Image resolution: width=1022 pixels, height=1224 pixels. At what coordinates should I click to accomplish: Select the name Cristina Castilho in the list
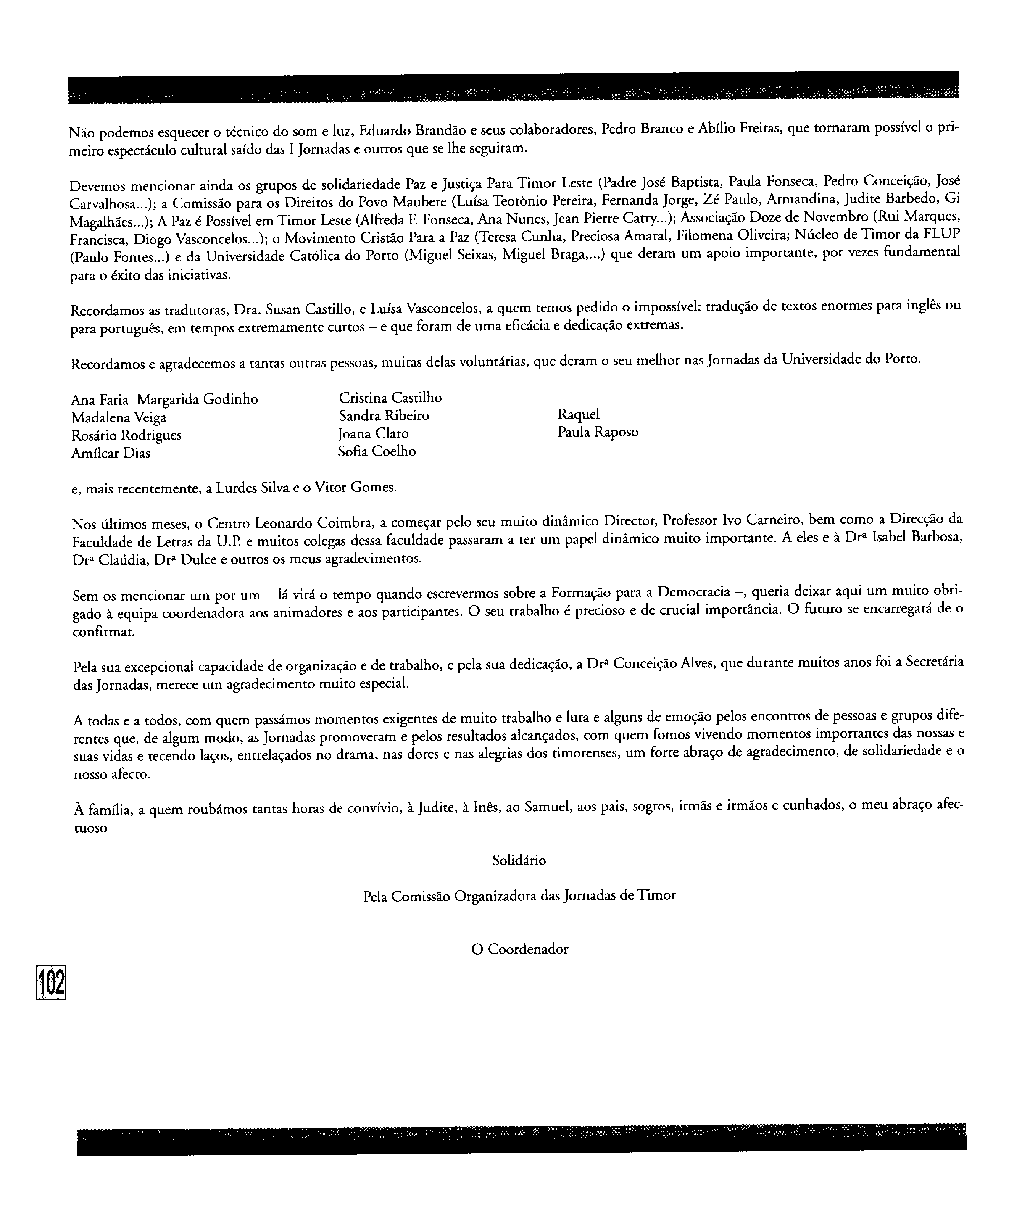tap(390, 398)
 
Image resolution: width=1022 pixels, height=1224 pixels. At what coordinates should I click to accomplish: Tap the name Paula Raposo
tap(598, 433)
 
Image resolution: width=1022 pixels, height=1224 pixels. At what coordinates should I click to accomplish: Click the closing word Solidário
tap(519, 860)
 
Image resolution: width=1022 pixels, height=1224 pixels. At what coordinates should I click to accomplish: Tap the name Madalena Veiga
tap(119, 418)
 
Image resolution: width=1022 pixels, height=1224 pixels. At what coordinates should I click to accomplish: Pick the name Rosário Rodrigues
tap(126, 436)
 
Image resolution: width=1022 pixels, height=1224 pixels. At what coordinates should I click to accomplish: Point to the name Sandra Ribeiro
tap(384, 416)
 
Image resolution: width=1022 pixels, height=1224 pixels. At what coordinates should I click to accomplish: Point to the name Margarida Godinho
tap(198, 400)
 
